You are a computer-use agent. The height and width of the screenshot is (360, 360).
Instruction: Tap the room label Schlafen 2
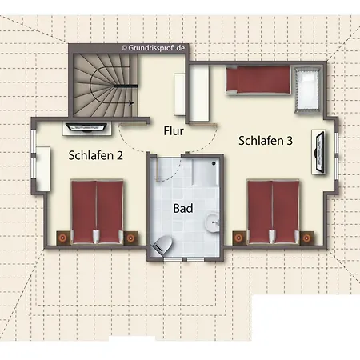click(95, 155)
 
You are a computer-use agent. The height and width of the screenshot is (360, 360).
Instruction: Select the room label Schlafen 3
click(265, 141)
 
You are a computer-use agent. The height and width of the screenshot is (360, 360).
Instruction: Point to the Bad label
click(182, 208)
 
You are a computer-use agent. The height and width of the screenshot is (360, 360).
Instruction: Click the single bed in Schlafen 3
click(258, 81)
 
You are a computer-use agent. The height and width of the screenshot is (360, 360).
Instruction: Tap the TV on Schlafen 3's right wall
click(319, 150)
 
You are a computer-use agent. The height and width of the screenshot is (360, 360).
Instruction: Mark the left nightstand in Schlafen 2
click(62, 237)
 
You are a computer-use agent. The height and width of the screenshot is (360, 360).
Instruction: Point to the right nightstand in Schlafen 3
click(306, 236)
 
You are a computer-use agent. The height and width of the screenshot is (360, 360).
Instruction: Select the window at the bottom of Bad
click(186, 259)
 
